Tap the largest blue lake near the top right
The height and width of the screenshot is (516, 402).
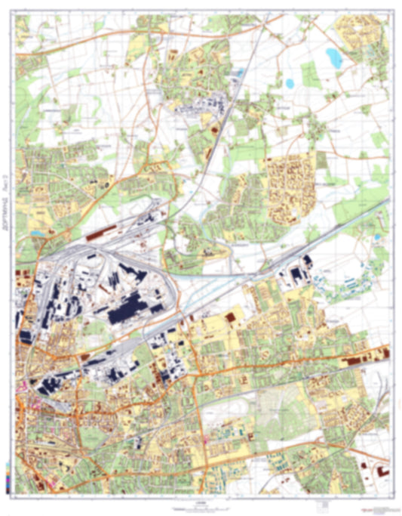click(333, 55)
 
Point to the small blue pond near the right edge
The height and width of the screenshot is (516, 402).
click(376, 239)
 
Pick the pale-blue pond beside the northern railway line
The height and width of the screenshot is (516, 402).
click(240, 73)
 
